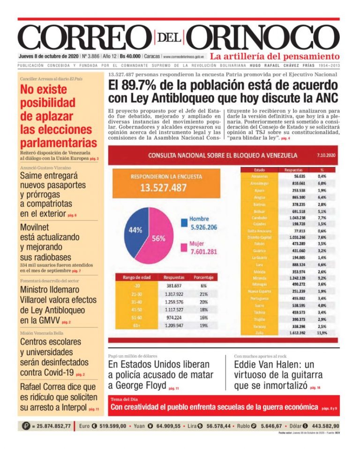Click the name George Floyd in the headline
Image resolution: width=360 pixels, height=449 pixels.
click(x=140, y=385)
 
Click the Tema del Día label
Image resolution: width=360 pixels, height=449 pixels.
click(x=123, y=399)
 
